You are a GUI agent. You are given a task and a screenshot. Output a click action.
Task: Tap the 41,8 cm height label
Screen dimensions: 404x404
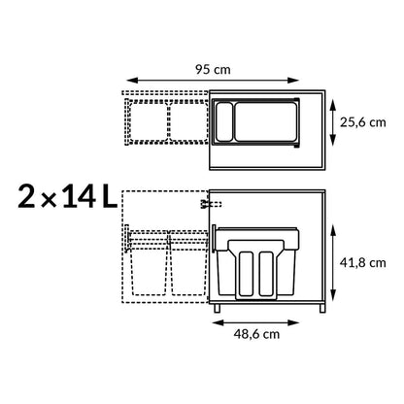click(365, 262)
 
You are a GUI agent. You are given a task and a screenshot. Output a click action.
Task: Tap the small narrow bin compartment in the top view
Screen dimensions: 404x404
click(223, 121)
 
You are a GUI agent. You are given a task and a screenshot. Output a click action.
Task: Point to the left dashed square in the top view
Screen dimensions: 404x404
click(147, 120)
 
